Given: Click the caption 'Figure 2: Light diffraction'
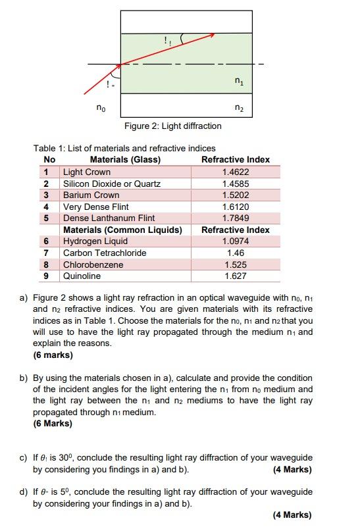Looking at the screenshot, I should point(172,126).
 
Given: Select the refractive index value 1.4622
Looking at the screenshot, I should point(236,172).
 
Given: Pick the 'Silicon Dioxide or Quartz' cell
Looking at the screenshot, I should point(111,184).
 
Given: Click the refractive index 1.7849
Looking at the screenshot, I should point(236,218).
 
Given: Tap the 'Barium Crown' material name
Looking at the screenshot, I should point(91,195).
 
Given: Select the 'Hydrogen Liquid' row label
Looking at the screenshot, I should point(95,241).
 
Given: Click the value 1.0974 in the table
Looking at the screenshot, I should point(236,241).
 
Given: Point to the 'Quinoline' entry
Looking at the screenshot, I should point(82,276).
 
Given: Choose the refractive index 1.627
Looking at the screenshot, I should point(236,276).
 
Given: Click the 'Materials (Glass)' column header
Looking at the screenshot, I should point(125,160).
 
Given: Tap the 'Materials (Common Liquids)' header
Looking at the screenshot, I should point(122,230).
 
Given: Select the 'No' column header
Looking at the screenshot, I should point(49,160).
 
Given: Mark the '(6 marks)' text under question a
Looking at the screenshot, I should point(53,355).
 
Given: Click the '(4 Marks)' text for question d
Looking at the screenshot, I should point(292,515).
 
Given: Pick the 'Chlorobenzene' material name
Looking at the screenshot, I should point(90,264).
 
